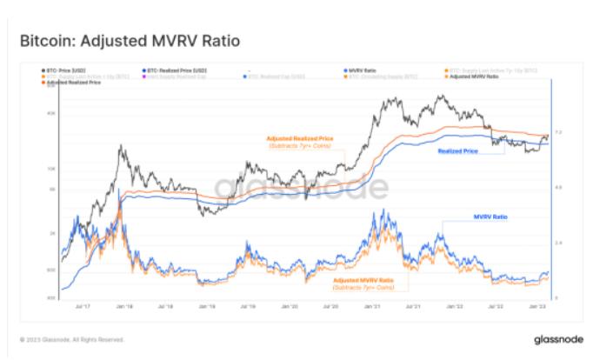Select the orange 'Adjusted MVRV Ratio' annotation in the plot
point(363,280)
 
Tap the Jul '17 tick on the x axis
point(84,306)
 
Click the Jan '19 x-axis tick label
point(207,306)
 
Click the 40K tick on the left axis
point(50,112)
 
